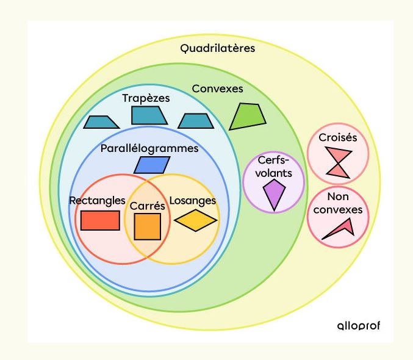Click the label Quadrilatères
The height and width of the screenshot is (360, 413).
tap(217, 48)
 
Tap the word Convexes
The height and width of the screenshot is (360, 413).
tap(217, 88)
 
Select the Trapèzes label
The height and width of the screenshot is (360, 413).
tap(146, 98)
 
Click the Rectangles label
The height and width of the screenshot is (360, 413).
tap(97, 200)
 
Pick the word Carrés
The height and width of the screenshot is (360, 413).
tap(148, 206)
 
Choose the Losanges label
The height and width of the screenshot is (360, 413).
tap(192, 200)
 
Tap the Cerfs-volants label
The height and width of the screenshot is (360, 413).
tap(275, 167)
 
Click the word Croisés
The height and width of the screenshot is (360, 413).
tap(338, 137)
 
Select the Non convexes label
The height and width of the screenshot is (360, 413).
tap(338, 204)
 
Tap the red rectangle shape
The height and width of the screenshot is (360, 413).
tap(100, 220)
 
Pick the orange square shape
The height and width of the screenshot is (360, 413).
tap(148, 226)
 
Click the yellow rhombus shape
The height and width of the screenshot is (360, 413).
tap(195, 220)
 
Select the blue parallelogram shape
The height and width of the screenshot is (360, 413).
tap(151, 165)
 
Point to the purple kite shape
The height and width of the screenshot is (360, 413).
tap(275, 195)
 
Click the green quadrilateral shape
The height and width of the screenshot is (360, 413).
tap(248, 116)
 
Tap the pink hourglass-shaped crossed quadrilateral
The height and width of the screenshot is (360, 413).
tap(338, 162)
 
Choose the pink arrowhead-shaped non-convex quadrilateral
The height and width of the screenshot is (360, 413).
tap(340, 229)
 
